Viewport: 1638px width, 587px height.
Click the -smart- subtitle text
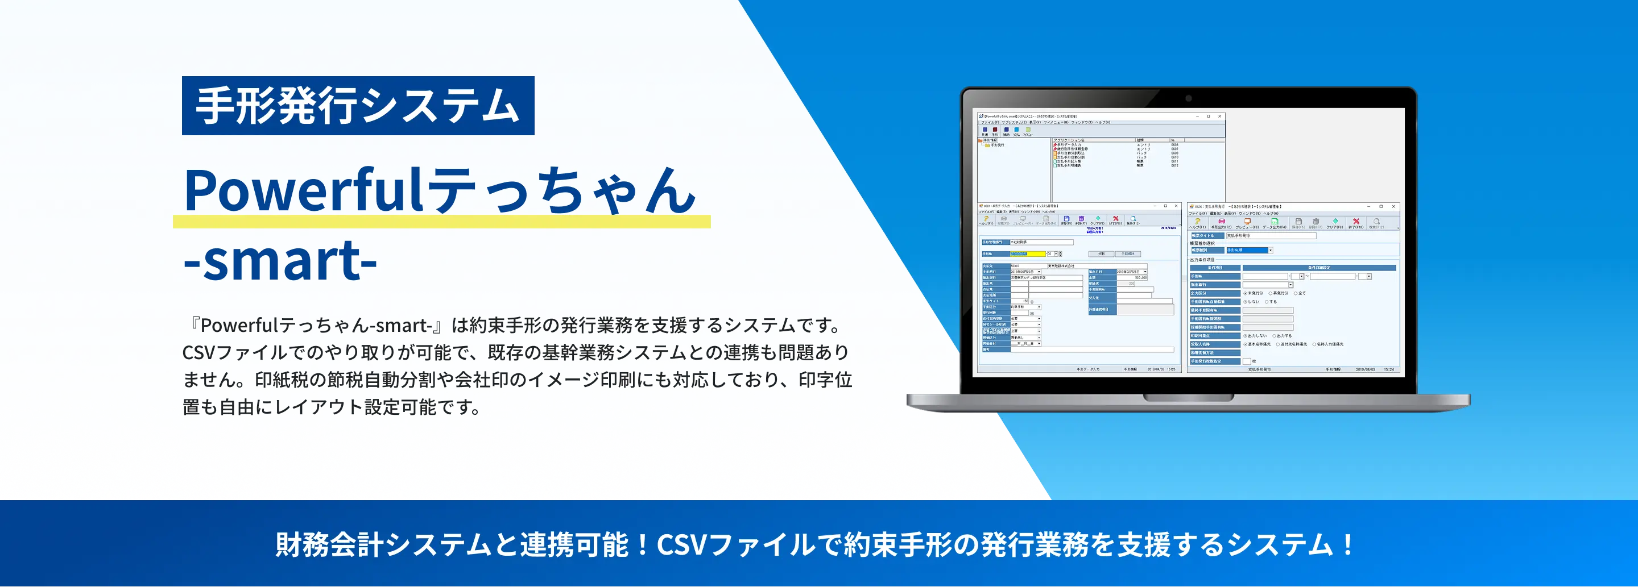pos(280,260)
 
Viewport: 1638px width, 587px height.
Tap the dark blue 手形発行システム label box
pos(358,106)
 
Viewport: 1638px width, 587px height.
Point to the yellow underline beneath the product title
pos(441,222)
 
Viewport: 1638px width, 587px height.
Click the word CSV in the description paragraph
pos(199,352)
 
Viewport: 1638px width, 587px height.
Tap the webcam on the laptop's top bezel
pos(1188,98)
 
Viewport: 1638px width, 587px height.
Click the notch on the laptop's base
pos(1188,398)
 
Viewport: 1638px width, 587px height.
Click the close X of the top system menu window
pos(1219,116)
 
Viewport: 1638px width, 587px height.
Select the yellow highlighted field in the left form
pos(1028,254)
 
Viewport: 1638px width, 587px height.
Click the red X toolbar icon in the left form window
pos(1115,219)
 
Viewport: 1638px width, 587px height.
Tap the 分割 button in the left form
pos(1101,254)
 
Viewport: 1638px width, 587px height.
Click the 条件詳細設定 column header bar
pos(1319,268)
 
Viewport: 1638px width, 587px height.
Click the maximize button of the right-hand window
pos(1380,206)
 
